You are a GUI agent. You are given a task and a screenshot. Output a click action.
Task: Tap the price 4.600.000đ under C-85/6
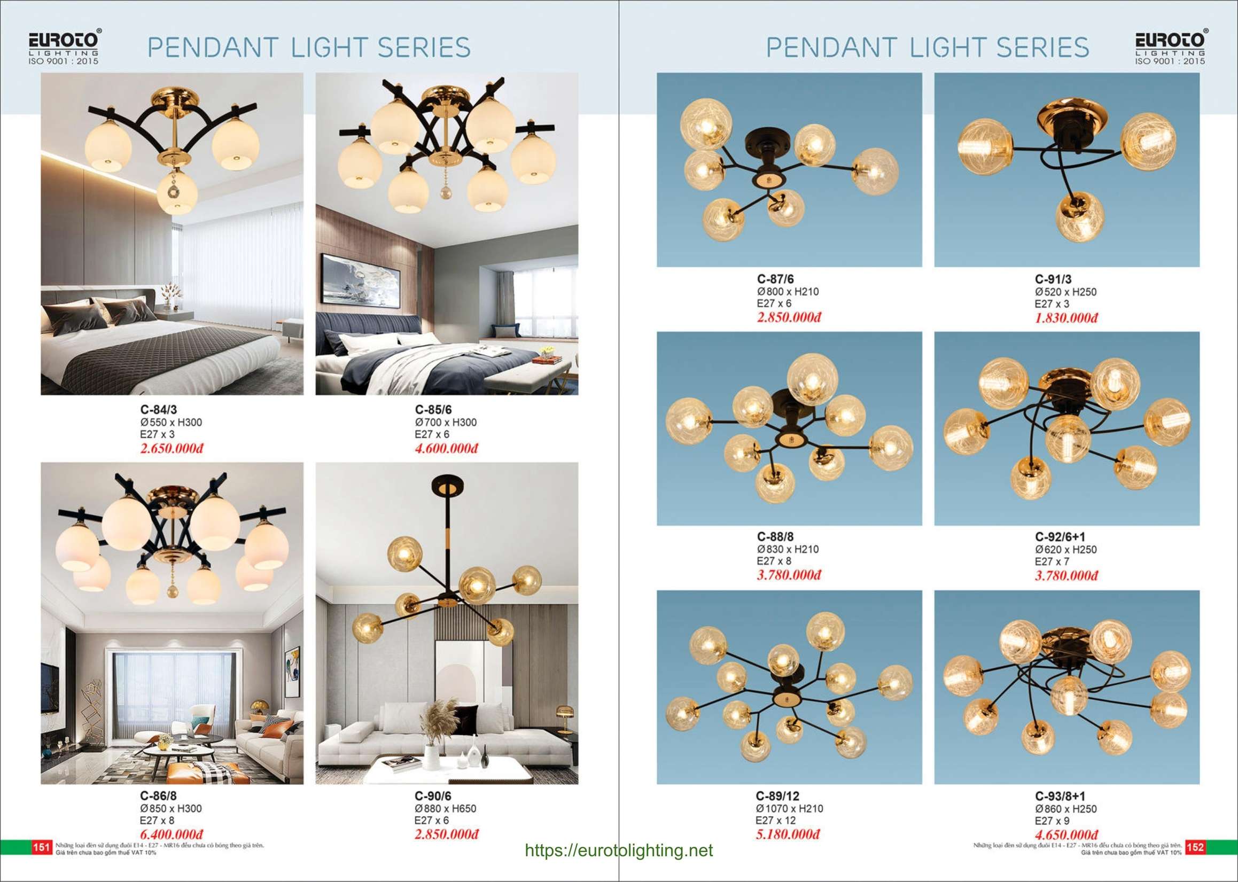pyautogui.click(x=446, y=449)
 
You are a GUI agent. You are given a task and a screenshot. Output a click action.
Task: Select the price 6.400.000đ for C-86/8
pyautogui.click(x=171, y=834)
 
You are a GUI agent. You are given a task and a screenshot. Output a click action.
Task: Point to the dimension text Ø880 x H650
pyautogui.click(x=446, y=809)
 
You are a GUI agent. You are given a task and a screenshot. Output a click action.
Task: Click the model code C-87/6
pyautogui.click(x=775, y=279)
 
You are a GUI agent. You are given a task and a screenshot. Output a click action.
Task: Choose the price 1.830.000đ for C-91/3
pyautogui.click(x=1066, y=318)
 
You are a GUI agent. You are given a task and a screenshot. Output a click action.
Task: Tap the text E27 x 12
pyautogui.click(x=775, y=821)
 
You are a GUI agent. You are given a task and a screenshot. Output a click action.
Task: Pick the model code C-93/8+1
pyautogui.click(x=1060, y=796)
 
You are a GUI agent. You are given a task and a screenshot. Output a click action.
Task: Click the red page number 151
pyautogui.click(x=42, y=847)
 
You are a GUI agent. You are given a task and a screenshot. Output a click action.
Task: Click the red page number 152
pyautogui.click(x=1195, y=847)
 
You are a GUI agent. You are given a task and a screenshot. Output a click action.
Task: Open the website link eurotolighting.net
pyautogui.click(x=619, y=850)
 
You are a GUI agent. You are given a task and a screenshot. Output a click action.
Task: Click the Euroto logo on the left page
pyautogui.click(x=64, y=47)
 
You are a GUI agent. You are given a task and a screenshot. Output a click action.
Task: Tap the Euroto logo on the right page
pyautogui.click(x=1170, y=47)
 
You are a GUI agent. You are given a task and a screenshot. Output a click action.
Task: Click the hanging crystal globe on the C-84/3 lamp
pyautogui.click(x=177, y=192)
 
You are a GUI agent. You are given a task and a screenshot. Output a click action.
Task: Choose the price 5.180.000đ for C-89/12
pyautogui.click(x=788, y=834)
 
